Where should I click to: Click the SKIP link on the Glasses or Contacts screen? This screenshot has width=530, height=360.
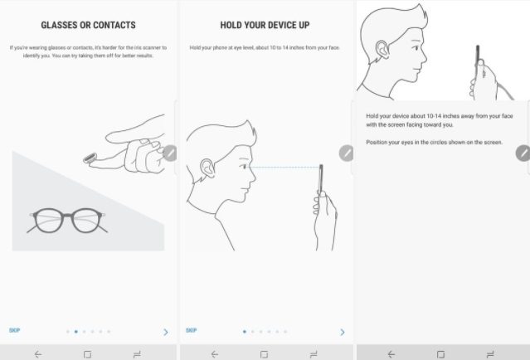tap(15, 330)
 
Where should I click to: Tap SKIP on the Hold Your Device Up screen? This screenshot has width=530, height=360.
tap(191, 330)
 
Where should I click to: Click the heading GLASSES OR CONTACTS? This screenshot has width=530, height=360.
tap(88, 25)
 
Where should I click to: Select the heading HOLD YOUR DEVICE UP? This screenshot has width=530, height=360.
tap(265, 25)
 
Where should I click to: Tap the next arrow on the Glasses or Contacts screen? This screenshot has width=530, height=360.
tap(166, 333)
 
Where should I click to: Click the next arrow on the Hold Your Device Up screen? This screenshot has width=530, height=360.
tap(343, 333)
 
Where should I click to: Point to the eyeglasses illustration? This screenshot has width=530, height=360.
tap(67, 221)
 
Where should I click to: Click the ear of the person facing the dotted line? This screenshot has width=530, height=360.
tap(207, 168)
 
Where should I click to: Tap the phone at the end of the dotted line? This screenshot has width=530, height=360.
tap(321, 179)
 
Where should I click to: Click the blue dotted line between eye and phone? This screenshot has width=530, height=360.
tap(284, 167)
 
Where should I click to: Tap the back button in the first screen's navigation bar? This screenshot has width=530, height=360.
tap(38, 354)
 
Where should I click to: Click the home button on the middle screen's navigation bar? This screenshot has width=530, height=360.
tap(264, 354)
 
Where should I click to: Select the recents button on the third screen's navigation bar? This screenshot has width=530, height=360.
tap(490, 354)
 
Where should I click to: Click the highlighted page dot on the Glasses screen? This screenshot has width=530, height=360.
tap(76, 332)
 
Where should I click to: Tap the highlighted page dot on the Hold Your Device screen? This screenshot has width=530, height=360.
tap(245, 332)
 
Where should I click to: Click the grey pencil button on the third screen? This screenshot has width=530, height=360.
tap(523, 153)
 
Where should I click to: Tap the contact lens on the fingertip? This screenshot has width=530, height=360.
tap(90, 158)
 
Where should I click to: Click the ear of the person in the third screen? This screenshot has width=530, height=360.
tap(382, 50)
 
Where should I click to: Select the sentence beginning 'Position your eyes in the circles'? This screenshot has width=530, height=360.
tap(434, 143)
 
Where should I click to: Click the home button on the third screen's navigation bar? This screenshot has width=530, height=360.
tap(440, 354)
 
